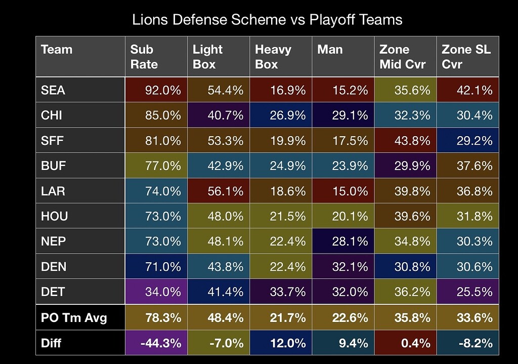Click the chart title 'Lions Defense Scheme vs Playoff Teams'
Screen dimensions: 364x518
(x=267, y=20)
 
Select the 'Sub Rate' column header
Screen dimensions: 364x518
(x=156, y=57)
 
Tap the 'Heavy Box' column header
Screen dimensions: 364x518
(x=281, y=57)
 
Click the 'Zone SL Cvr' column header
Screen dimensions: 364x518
(x=467, y=57)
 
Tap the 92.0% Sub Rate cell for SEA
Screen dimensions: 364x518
(x=156, y=90)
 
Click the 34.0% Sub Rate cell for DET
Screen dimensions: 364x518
(x=156, y=292)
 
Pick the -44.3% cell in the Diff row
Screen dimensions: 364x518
(x=156, y=343)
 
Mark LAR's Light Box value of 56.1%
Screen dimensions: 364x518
(x=219, y=191)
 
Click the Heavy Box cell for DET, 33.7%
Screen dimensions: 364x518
(x=281, y=292)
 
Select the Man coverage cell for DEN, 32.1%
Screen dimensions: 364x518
(x=343, y=267)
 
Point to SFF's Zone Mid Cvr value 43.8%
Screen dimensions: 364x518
(x=405, y=141)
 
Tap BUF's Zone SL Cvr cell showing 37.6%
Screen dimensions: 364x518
(x=467, y=166)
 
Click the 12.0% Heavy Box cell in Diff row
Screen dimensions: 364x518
(x=281, y=343)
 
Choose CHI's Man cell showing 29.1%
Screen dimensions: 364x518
(x=343, y=115)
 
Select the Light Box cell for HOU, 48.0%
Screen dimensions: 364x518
(x=219, y=216)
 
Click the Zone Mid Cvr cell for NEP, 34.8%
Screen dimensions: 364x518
(x=405, y=241)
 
